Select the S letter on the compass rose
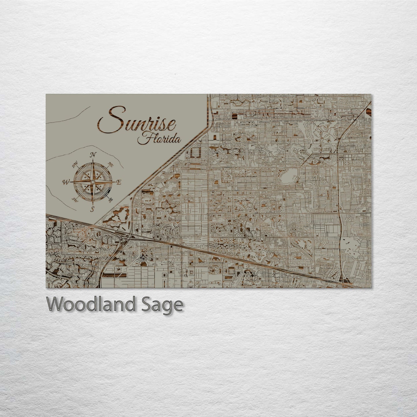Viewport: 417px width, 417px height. pyautogui.click(x=93, y=209)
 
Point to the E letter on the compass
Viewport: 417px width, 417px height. pyautogui.click(x=118, y=182)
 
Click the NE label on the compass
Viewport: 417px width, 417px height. pyautogui.click(x=111, y=164)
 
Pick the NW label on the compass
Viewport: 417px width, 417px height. pyautogui.click(x=75, y=165)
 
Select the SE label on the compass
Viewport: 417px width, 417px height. pyautogui.click(x=110, y=199)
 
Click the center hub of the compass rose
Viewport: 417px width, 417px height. pyautogui.click(x=93, y=182)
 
